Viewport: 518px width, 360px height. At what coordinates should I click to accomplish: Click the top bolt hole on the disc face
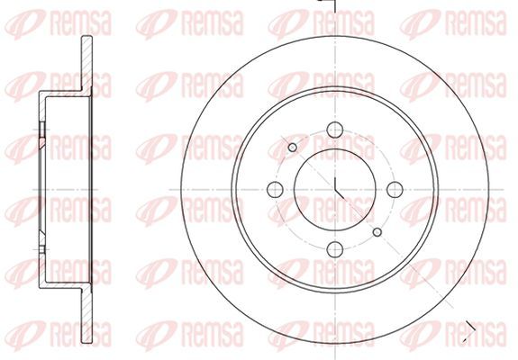pos(334,130)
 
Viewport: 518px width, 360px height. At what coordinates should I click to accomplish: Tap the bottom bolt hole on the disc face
pos(334,249)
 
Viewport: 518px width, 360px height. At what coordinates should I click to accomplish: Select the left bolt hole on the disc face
pos(275,189)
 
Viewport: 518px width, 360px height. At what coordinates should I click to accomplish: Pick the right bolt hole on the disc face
pos(395,189)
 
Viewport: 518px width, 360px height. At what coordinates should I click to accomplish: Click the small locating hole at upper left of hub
pos(293,148)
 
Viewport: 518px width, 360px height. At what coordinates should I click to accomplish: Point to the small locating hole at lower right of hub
pos(377,232)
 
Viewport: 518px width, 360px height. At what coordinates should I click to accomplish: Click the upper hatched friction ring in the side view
pos(86,63)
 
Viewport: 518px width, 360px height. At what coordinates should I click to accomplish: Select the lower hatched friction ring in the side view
pos(86,315)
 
